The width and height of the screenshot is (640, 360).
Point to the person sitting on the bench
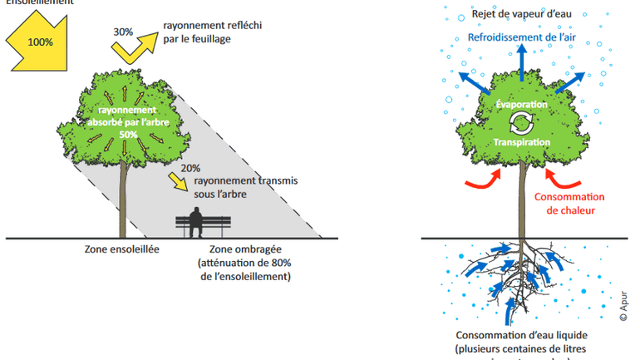(196, 222)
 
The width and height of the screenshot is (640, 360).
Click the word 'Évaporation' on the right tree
(521, 105)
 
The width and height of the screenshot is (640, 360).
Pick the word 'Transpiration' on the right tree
(522, 142)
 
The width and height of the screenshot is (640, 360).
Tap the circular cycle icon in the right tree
(521, 124)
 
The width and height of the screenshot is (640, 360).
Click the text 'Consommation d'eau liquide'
(522, 333)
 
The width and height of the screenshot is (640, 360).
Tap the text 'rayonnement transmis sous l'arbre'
(245, 187)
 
